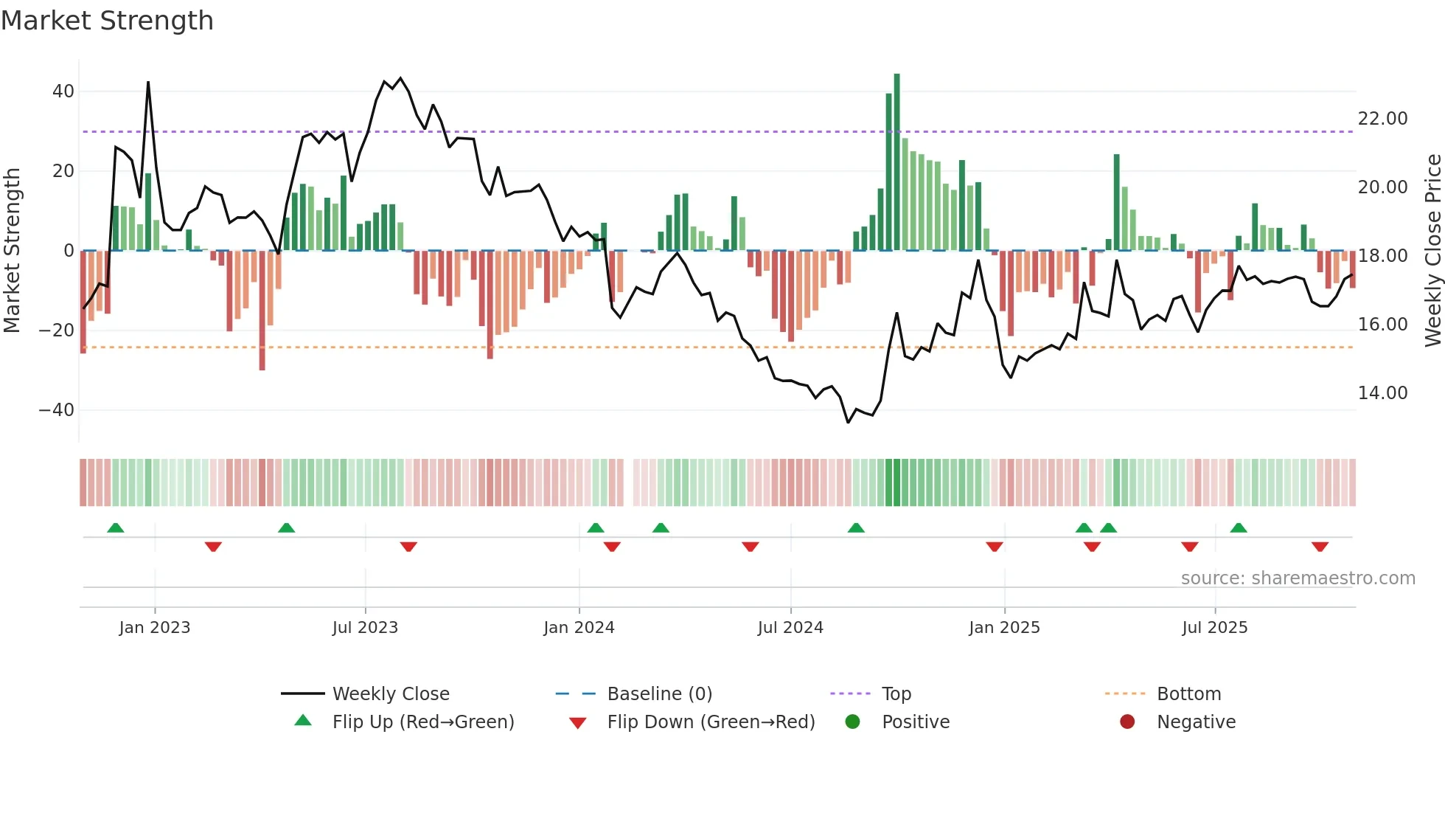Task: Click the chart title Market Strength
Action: pos(107,21)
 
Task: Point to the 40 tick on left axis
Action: pos(63,91)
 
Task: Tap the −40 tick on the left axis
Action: pos(57,409)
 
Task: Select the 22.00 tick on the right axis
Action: pos(1382,119)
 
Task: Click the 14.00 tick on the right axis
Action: pos(1382,393)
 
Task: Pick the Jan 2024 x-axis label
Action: pos(579,628)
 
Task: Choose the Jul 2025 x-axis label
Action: pos(1214,628)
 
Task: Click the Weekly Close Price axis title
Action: pos(1432,250)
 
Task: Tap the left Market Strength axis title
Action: pos(13,250)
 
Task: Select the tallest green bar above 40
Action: pos(896,162)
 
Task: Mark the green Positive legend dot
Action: pos(853,722)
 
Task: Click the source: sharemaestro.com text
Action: pos(1298,578)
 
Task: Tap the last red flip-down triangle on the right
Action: pos(1320,547)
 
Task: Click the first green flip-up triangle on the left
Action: pos(116,527)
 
